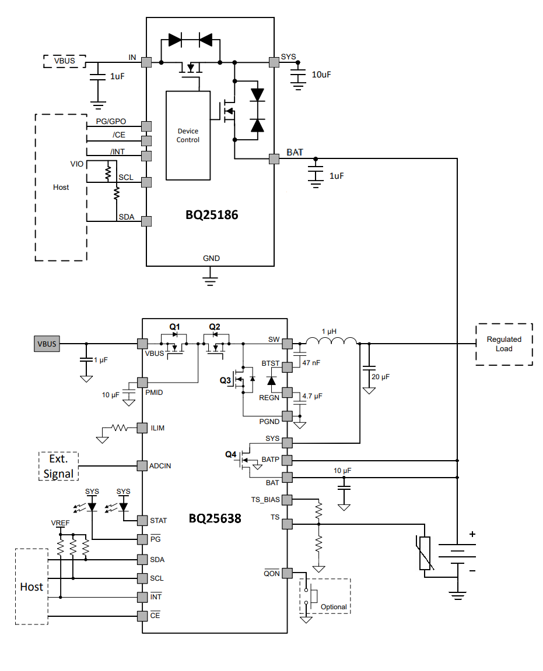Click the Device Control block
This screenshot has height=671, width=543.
188,135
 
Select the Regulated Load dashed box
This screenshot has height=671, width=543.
504,344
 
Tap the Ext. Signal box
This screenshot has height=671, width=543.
59,466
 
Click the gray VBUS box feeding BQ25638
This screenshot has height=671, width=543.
47,344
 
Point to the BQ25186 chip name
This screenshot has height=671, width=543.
212,215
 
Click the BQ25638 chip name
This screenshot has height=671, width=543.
215,518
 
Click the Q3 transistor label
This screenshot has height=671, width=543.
225,380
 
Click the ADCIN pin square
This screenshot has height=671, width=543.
141,466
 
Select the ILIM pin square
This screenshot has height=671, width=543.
141,428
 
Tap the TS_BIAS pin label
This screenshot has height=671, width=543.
265,500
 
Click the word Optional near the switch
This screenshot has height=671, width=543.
334,606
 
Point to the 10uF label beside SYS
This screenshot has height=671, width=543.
321,75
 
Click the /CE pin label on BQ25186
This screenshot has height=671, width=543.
118,135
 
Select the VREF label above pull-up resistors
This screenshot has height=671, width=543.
60,523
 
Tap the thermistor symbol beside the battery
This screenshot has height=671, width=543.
425,553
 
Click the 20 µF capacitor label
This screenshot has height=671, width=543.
380,377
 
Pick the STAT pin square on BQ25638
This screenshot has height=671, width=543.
141,520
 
